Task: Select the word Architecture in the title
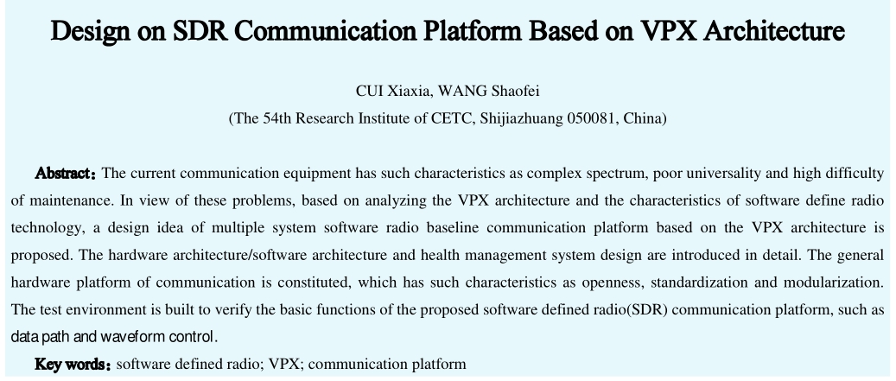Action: [773, 31]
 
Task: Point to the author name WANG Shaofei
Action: [488, 91]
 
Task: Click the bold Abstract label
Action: [66, 173]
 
